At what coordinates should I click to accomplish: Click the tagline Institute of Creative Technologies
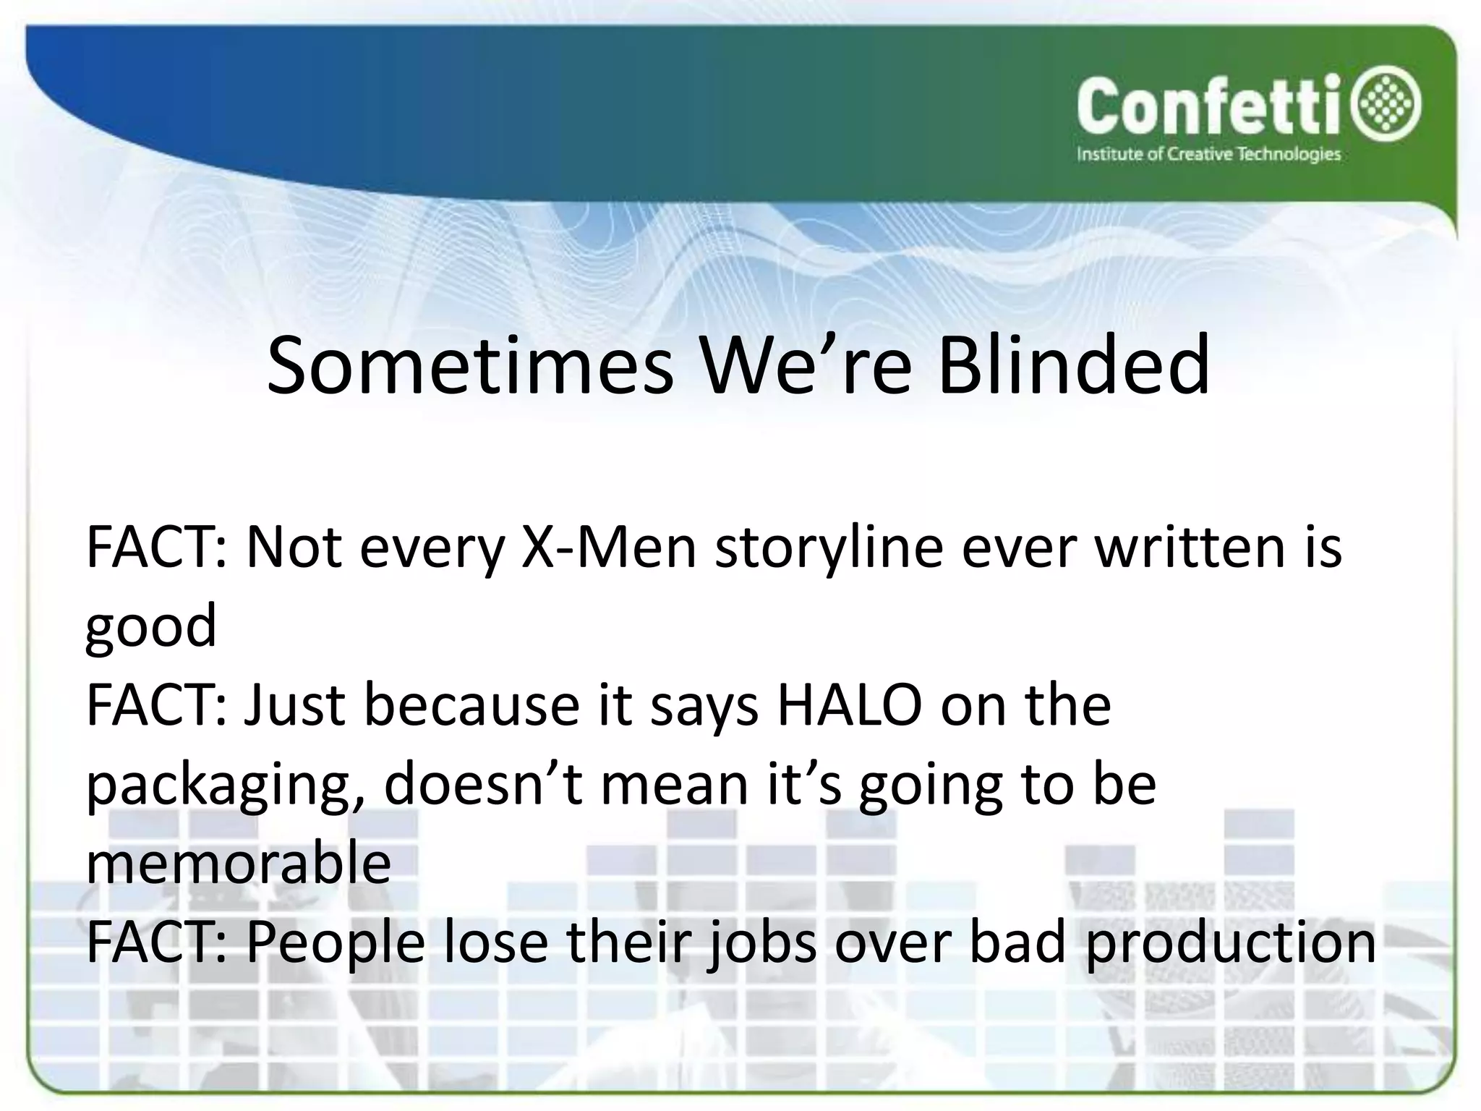point(1208,154)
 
